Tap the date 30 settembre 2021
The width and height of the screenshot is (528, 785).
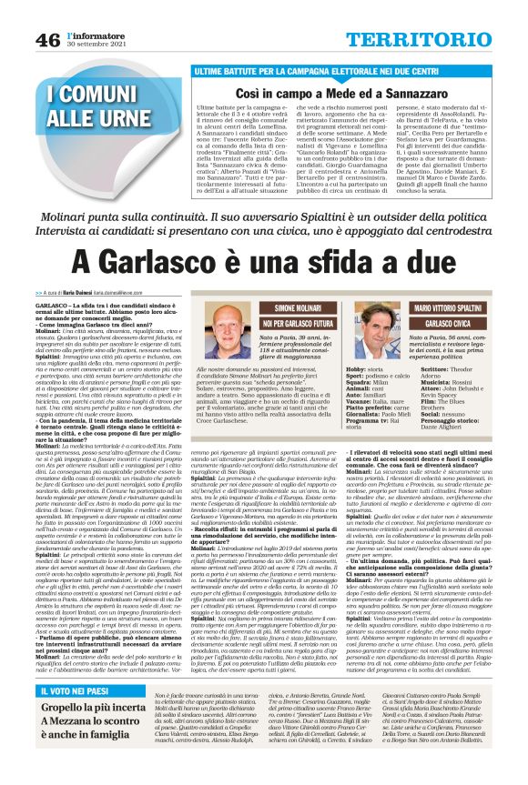[94, 45]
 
